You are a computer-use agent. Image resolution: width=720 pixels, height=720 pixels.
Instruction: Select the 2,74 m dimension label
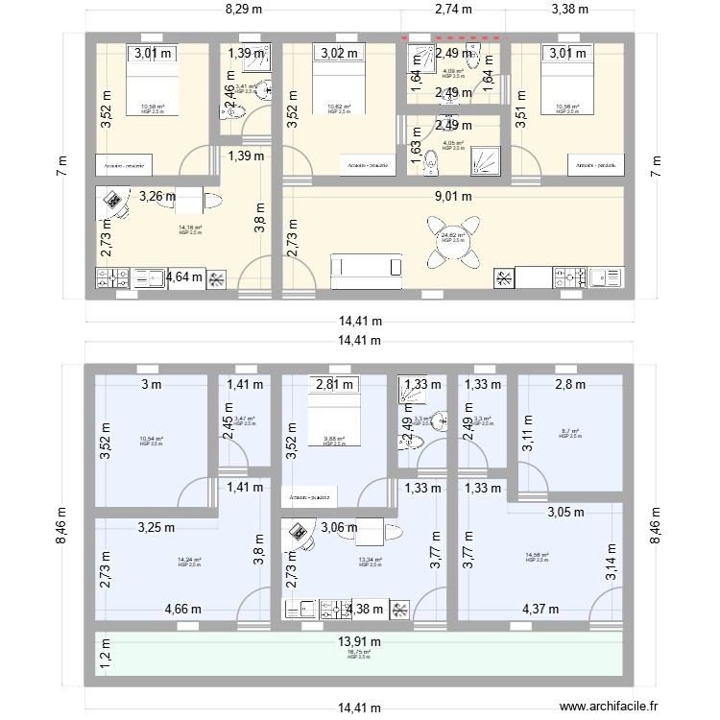[453, 11]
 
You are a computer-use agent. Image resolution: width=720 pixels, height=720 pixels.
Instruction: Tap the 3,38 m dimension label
[570, 11]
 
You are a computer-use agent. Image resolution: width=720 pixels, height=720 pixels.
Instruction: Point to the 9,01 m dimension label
[454, 197]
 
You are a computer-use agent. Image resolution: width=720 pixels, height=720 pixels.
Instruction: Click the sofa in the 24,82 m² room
[365, 269]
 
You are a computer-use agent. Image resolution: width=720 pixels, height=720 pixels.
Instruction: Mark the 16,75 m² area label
[359, 654]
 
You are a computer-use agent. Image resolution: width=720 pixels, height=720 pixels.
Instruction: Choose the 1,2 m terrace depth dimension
[105, 659]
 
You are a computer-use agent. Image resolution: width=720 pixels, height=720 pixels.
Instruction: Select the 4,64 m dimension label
[185, 277]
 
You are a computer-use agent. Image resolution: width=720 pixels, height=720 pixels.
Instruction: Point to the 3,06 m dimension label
[339, 527]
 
